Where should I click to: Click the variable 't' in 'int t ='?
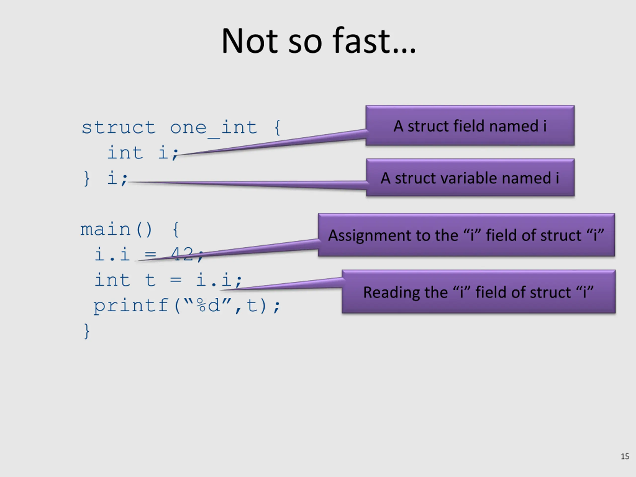[x=150, y=280]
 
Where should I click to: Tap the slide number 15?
[x=625, y=456]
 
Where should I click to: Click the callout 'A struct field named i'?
[x=470, y=126]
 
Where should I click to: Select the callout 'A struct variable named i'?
[x=470, y=178]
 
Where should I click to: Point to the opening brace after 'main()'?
[x=176, y=230]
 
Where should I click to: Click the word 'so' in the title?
[x=305, y=41]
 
